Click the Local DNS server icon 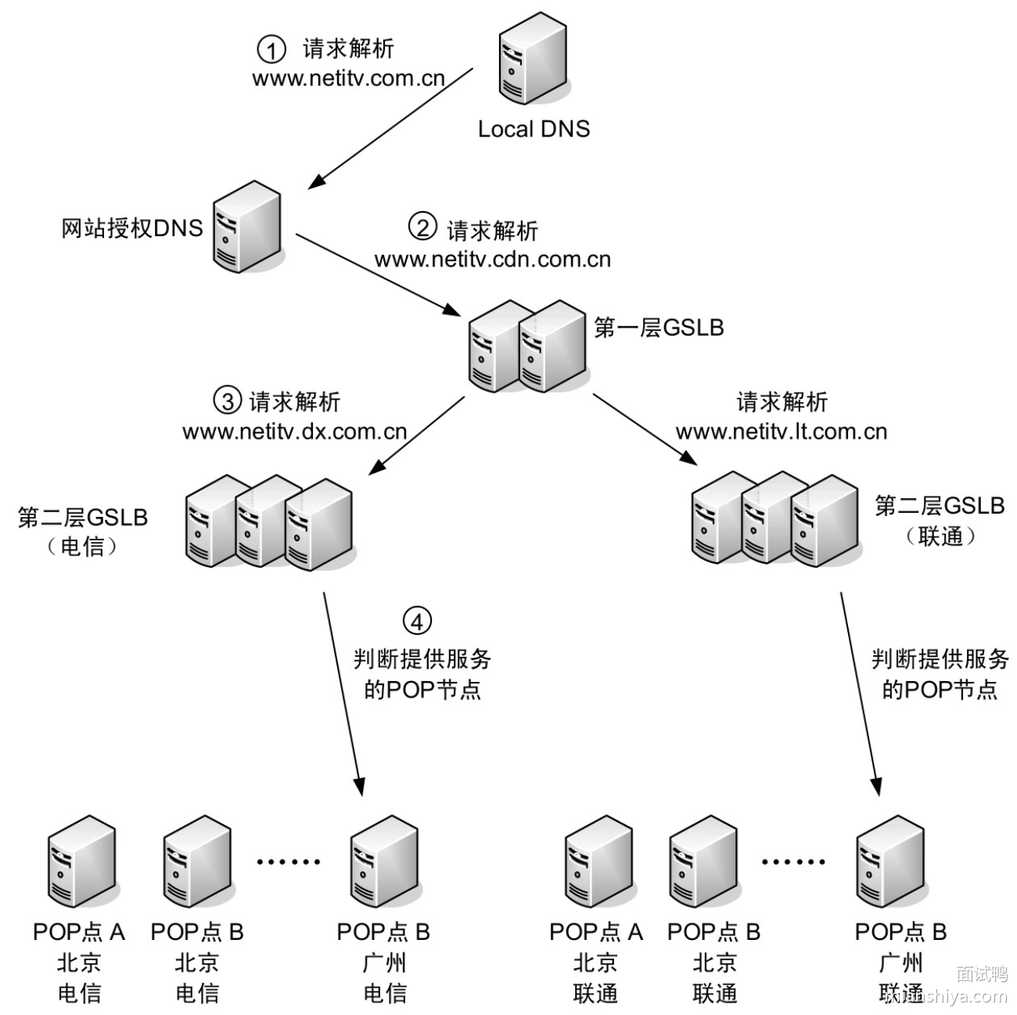coord(531,61)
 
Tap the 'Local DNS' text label coord(534,129)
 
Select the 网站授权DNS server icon coord(246,226)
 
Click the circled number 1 coord(271,51)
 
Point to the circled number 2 coord(422,228)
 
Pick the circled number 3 coord(227,401)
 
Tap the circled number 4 coord(417,622)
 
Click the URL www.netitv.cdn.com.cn coord(492,260)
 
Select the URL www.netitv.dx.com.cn coord(295,432)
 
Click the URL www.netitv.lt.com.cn coord(781,432)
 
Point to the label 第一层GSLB coord(659,328)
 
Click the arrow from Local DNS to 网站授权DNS coord(390,128)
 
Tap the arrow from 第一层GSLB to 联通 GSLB coord(645,431)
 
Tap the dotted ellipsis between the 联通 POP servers coord(793,863)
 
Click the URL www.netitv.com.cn coord(348,79)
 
